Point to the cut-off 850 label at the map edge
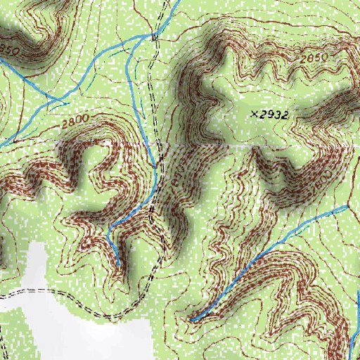tap(8, 50)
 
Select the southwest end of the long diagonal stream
tap(191, 321)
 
